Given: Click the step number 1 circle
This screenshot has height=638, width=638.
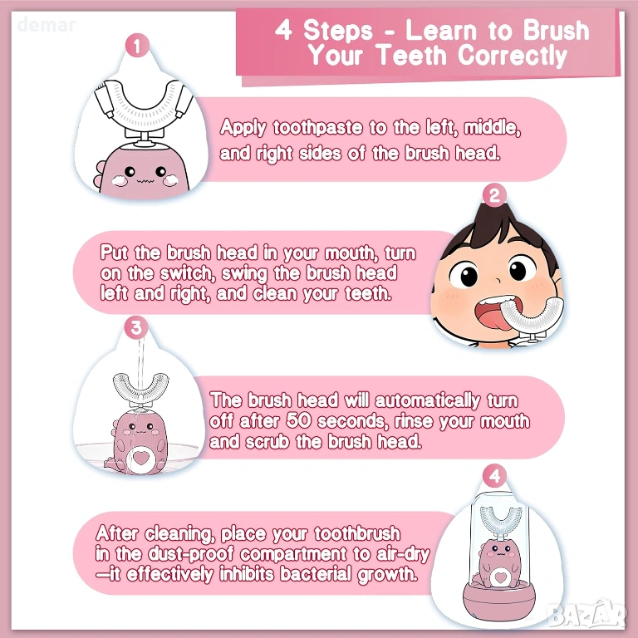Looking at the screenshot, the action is click(x=137, y=45).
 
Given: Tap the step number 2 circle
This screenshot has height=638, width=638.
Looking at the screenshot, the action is click(x=494, y=195).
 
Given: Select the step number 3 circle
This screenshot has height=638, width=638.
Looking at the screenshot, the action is click(x=136, y=328).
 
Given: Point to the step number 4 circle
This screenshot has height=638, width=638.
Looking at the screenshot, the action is click(x=494, y=477).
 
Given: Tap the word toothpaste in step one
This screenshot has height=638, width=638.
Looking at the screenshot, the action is click(x=317, y=128).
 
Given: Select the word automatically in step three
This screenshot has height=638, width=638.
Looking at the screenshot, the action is click(x=428, y=400).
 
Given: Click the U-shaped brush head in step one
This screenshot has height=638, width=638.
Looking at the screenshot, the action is click(x=145, y=105).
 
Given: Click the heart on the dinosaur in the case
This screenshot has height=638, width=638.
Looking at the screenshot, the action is click(x=498, y=578).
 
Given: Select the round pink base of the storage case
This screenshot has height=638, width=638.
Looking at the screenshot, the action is click(x=499, y=601).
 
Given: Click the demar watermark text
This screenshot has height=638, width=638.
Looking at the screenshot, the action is click(x=47, y=25).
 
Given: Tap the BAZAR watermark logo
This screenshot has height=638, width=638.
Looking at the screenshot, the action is click(x=587, y=614).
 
